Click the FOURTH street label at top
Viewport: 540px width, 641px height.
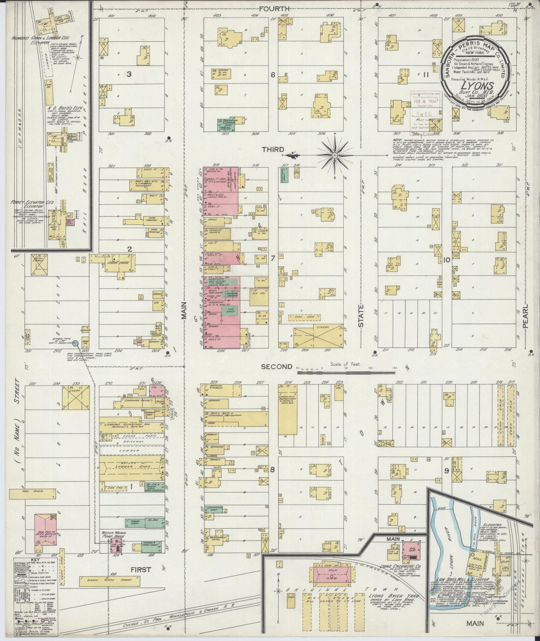pos(276,8)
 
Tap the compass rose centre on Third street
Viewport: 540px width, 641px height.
pos(335,154)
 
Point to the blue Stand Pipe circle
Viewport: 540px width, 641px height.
pos(75,343)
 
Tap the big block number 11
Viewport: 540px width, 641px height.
pos(426,75)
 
